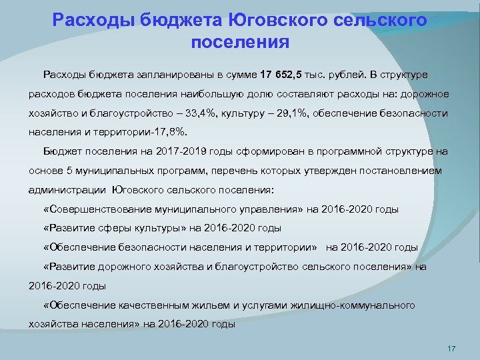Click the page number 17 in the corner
click(x=451, y=349)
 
